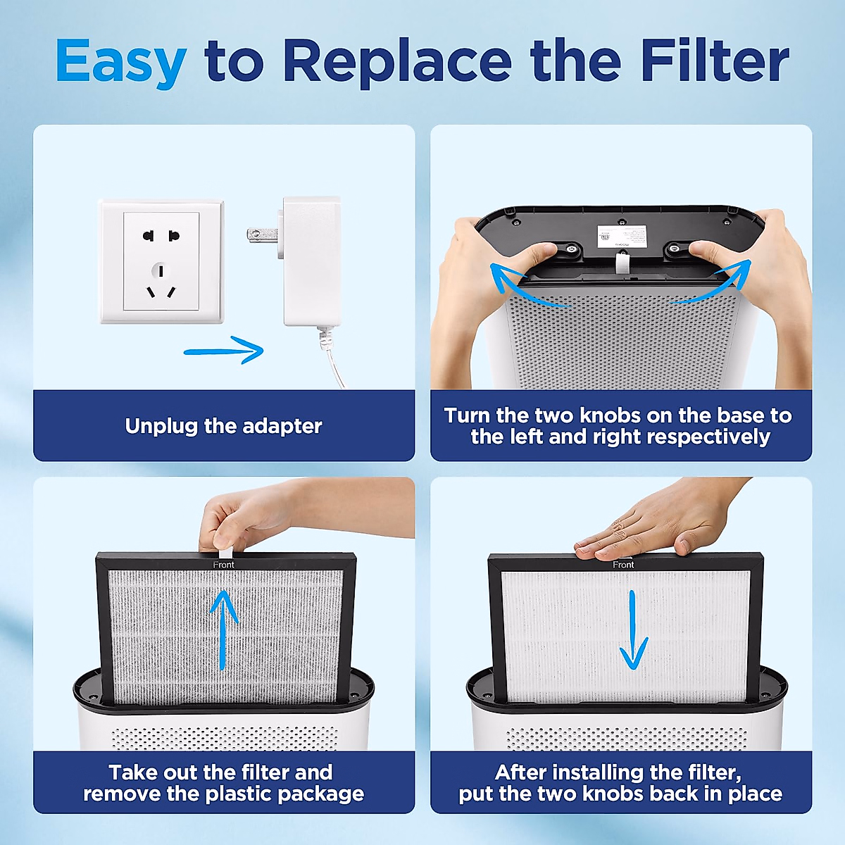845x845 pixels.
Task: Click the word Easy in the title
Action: (121, 62)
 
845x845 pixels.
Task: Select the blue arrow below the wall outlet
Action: (224, 350)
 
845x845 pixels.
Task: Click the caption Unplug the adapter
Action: (223, 426)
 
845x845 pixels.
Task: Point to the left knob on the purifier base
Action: (568, 247)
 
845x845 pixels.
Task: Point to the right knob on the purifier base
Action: (675, 248)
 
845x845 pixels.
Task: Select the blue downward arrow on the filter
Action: (632, 631)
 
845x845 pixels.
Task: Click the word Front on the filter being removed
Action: (224, 565)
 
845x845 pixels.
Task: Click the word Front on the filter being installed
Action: (623, 565)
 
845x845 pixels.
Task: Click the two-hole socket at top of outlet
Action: (161, 236)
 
